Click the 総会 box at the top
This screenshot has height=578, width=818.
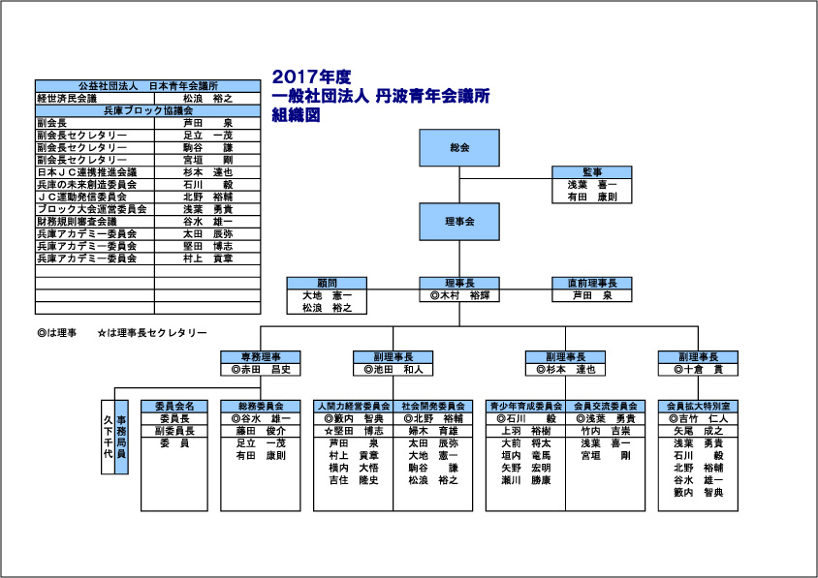point(459,148)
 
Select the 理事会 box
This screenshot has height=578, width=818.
point(459,222)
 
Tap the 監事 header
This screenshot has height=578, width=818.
point(591,171)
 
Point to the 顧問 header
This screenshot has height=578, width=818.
point(327,283)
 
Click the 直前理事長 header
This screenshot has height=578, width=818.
point(591,283)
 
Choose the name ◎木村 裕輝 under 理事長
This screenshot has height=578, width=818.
point(459,295)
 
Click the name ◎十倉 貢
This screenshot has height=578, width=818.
point(697,369)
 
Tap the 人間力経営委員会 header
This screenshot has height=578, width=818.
point(353,406)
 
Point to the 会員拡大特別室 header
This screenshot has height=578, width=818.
point(698,406)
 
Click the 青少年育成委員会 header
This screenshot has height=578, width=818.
point(525,406)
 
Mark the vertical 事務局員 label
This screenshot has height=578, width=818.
point(121,436)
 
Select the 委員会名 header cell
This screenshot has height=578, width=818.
point(174,406)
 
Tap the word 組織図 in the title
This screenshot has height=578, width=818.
point(296,113)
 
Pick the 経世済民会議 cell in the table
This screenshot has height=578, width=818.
point(67,99)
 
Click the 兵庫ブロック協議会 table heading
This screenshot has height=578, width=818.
point(148,111)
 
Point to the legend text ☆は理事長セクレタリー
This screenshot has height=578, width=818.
point(153,333)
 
